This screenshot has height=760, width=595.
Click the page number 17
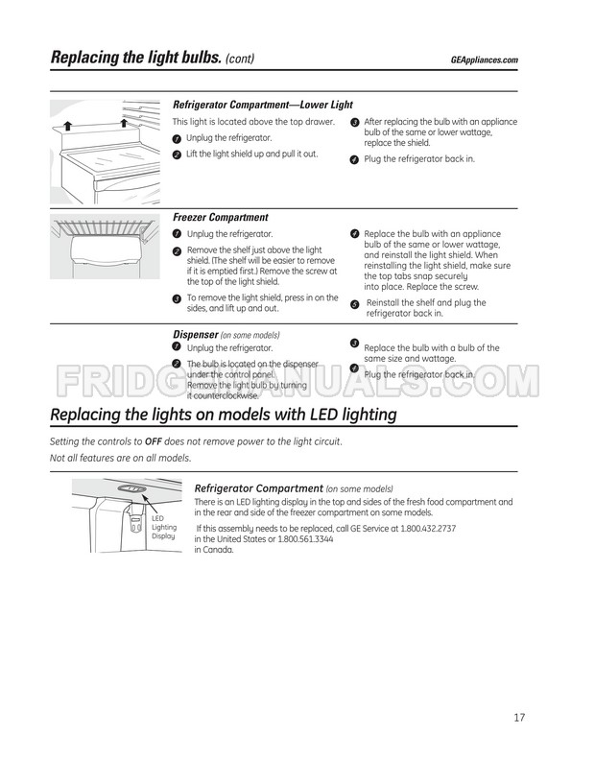coord(518,717)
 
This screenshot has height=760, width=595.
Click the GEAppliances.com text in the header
coord(484,59)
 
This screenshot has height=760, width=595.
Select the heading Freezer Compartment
coord(220,218)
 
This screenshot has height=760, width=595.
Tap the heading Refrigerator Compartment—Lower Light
coord(262,105)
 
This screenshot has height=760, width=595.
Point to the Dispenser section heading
coord(195,334)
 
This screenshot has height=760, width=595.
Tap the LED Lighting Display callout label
coord(164,527)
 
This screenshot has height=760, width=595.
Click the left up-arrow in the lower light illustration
coord(68,126)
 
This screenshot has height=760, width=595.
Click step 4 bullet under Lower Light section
coord(354,159)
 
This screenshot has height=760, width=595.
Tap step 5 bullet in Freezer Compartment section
coord(354,304)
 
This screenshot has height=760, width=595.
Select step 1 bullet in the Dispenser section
coord(177,345)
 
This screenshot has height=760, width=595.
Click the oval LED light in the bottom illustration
coord(132,488)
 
